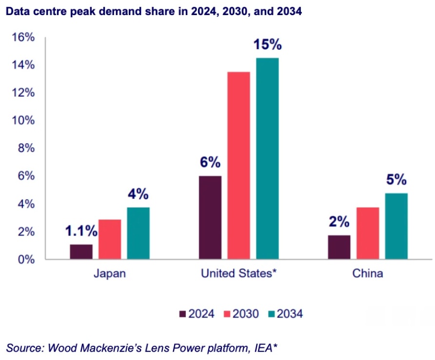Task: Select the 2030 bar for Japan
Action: pyautogui.click(x=110, y=239)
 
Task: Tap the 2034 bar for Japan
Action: pyautogui.click(x=138, y=233)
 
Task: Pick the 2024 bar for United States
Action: pyautogui.click(x=210, y=217)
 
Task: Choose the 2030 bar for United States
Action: pyautogui.click(x=238, y=165)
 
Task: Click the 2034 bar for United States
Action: pyautogui.click(x=267, y=158)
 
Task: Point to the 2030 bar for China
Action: pyautogui.click(x=368, y=233)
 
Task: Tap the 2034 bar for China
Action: pyautogui.click(x=396, y=226)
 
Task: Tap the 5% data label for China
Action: pyautogui.click(x=396, y=180)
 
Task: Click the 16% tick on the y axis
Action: pyautogui.click(x=23, y=37)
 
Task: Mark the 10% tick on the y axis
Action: pyautogui.click(x=23, y=120)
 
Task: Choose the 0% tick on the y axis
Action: pyautogui.click(x=25, y=259)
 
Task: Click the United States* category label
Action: pyautogui.click(x=239, y=273)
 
